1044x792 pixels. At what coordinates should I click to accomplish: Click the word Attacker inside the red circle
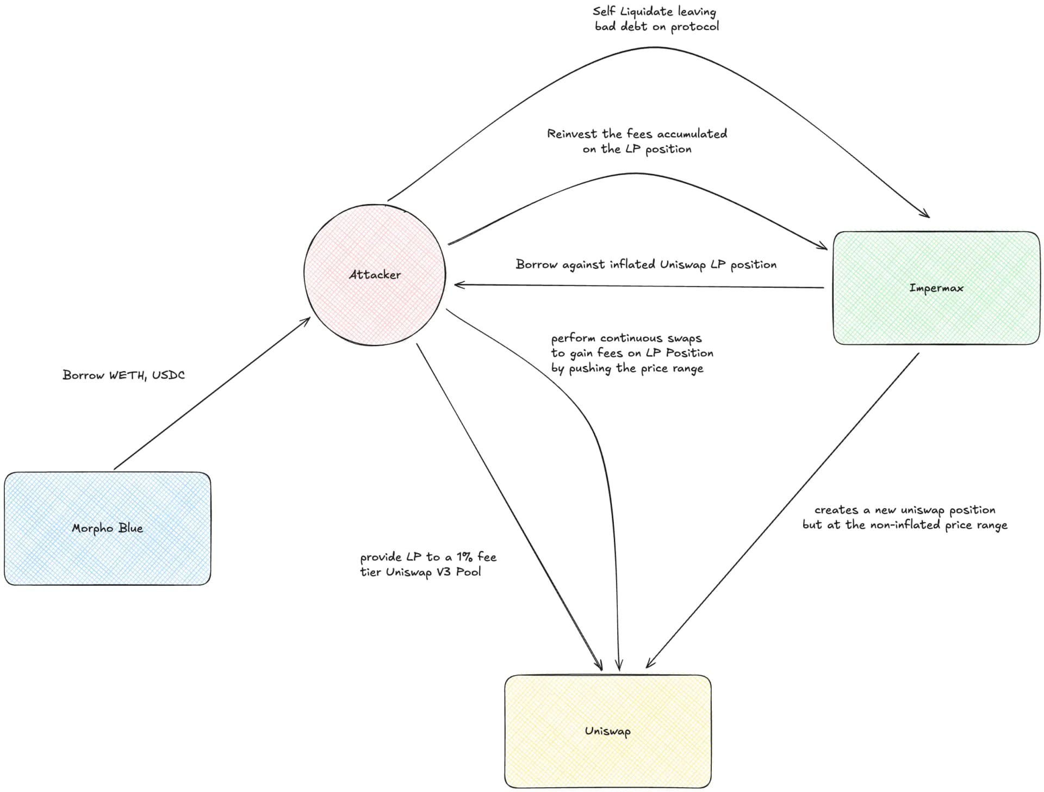point(375,275)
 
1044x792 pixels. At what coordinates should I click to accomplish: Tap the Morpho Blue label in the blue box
point(107,528)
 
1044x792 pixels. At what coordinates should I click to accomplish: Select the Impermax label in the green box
point(936,288)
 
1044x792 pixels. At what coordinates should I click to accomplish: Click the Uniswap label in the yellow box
point(607,731)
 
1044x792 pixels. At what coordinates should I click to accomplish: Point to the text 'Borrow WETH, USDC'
point(123,375)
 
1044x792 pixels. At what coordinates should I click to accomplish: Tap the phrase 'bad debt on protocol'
point(656,27)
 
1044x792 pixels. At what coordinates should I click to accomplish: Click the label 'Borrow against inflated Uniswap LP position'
point(645,265)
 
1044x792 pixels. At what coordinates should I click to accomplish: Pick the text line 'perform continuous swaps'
point(626,338)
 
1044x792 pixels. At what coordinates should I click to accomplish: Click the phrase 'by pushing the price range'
point(627,369)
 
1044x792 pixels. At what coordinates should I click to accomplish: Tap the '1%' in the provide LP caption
point(464,557)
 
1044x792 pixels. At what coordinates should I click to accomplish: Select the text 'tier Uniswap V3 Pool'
point(420,572)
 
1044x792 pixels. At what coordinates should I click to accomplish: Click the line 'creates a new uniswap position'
point(904,510)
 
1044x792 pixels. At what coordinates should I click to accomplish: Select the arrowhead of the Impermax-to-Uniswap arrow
point(648,665)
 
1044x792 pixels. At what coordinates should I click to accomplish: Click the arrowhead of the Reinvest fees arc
point(824,248)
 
